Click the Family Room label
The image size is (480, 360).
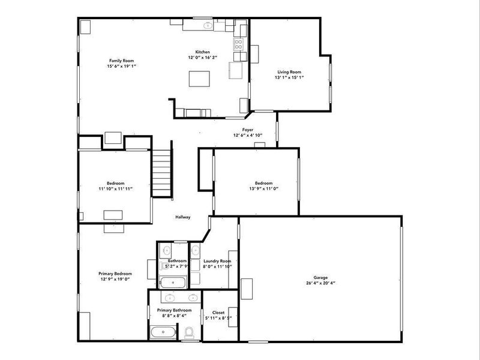point(121,61)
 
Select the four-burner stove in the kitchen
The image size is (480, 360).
point(238,44)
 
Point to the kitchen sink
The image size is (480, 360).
point(208,26)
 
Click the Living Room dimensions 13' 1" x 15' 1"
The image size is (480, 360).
point(289,77)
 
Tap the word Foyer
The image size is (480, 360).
point(247,130)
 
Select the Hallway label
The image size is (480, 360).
point(182,217)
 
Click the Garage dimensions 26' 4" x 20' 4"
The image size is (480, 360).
point(320,283)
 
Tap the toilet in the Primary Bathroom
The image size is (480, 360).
point(189,332)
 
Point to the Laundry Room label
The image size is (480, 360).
point(217,261)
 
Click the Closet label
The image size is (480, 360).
point(218,313)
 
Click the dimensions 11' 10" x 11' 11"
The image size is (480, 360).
point(115,188)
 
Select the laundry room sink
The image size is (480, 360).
point(196,249)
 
